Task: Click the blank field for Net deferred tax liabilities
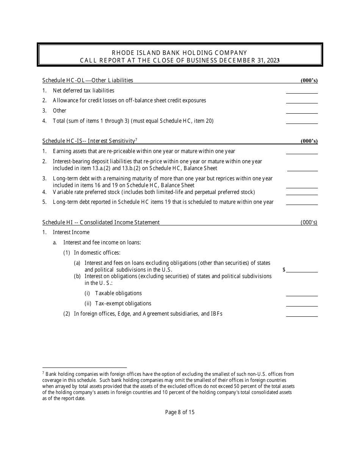point(302,91)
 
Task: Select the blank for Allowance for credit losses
point(302,101)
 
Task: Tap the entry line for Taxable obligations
point(302,294)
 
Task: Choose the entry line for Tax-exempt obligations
point(302,304)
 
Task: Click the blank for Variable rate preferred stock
point(302,192)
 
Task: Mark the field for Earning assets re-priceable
point(302,152)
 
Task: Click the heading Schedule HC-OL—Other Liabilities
point(88,80)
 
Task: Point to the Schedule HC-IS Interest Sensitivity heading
point(89,141)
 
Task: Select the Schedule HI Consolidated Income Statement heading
point(101,222)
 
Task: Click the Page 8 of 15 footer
point(180,412)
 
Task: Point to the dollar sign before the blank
point(284,270)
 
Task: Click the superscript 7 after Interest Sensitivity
point(136,139)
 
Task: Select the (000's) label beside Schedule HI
point(309,222)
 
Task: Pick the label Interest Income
point(71,232)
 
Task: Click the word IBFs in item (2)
point(216,314)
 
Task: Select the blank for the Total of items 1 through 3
point(302,121)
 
